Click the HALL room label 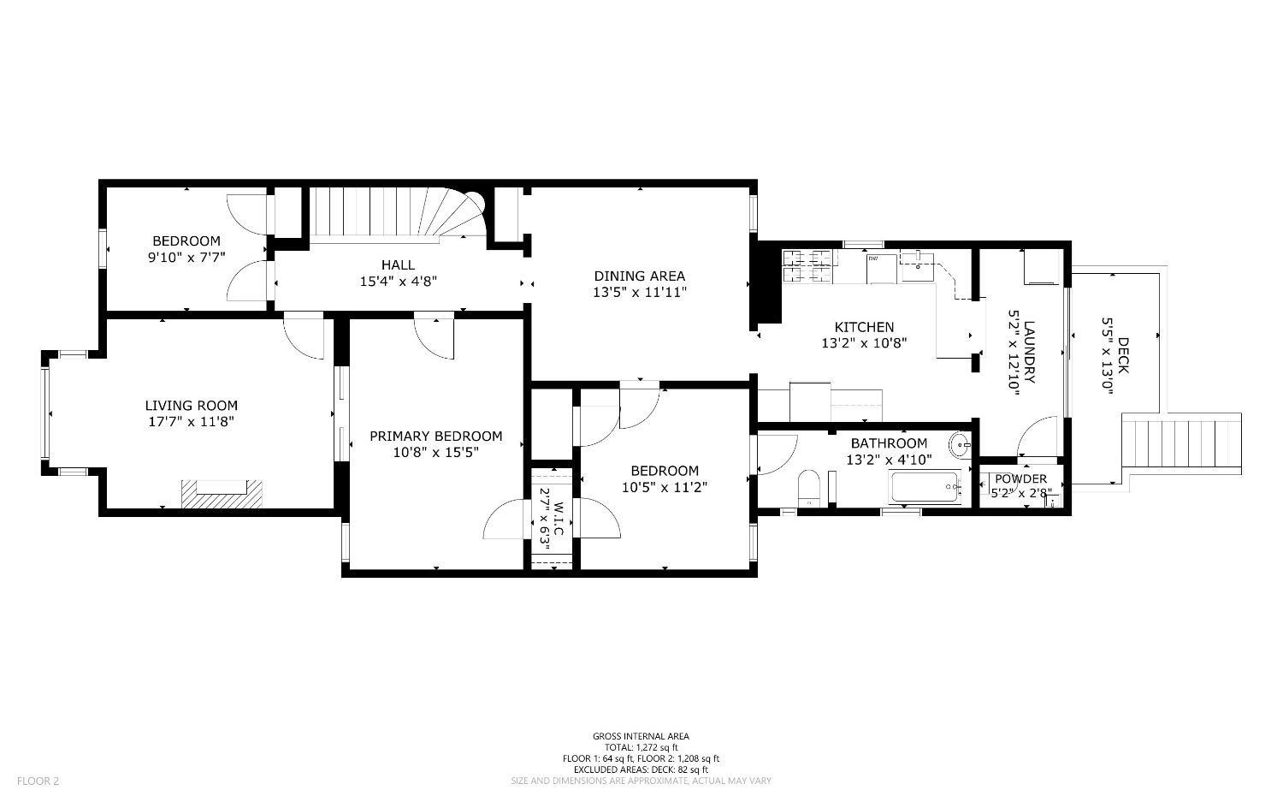(x=398, y=264)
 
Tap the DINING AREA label (x=639, y=276)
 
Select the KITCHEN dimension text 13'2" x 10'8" (x=864, y=343)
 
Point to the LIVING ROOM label (x=191, y=406)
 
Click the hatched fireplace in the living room (x=222, y=495)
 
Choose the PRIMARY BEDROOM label (x=435, y=437)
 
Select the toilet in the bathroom (x=808, y=488)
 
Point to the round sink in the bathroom (x=961, y=444)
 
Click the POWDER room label (x=1020, y=478)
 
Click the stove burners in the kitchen (x=802, y=264)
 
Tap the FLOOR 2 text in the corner (x=38, y=781)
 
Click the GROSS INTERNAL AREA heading (x=641, y=736)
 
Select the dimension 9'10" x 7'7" (x=186, y=257)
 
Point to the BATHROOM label (x=889, y=443)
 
